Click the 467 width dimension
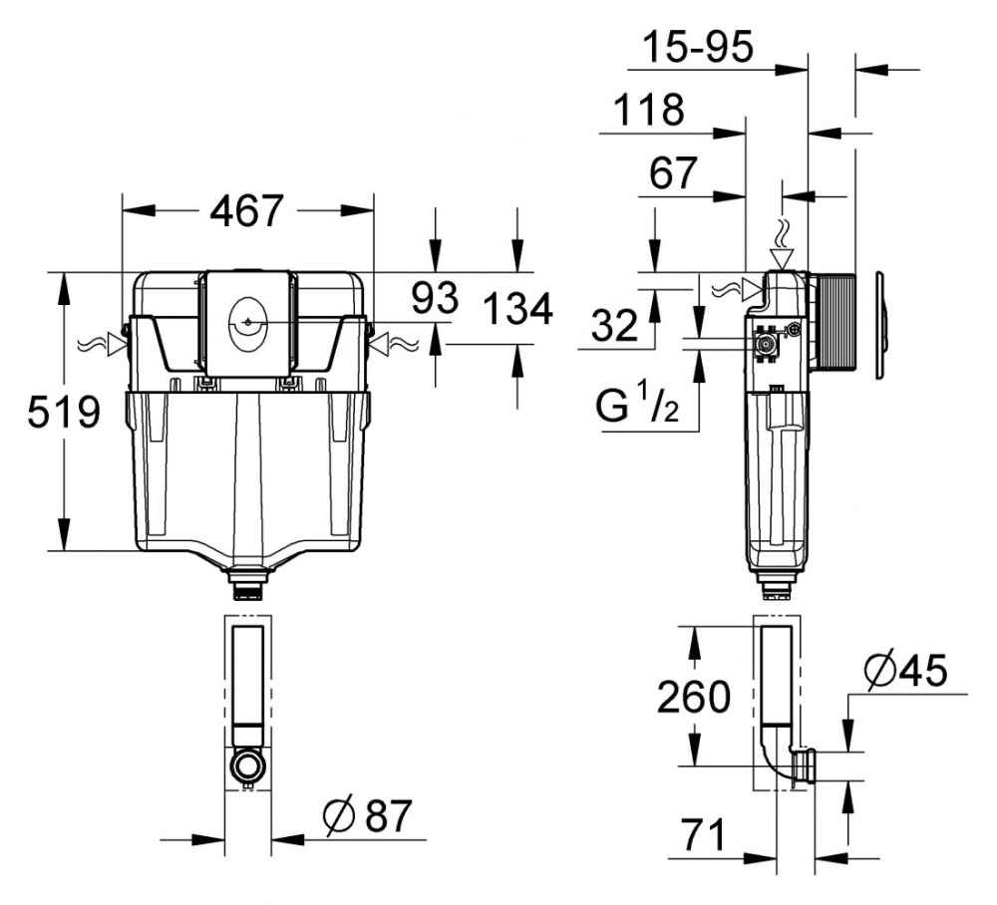tap(246, 210)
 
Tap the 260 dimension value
tap(693, 697)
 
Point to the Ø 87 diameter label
tap(367, 817)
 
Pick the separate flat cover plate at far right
tap(881, 325)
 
